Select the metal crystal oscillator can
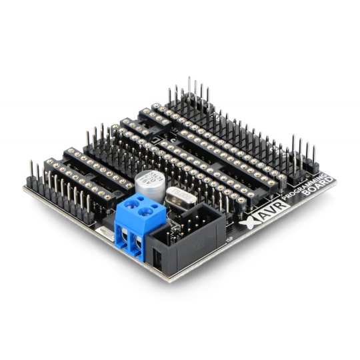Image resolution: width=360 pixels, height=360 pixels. click(179, 197)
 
